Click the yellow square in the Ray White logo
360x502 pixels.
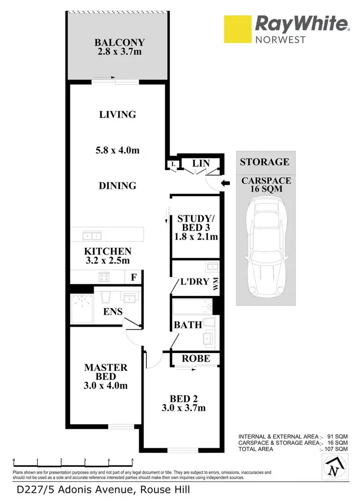click(x=238, y=29)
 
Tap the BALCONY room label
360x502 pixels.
click(x=120, y=42)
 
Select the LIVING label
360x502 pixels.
click(x=118, y=114)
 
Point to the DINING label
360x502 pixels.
click(x=118, y=185)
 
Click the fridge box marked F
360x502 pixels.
click(x=134, y=277)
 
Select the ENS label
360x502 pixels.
click(x=113, y=311)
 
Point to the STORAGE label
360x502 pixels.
click(x=264, y=161)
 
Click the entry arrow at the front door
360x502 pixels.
click(x=225, y=183)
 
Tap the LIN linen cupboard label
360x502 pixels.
click(x=201, y=163)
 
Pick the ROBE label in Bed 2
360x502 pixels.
click(x=196, y=358)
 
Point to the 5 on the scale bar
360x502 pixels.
click(x=132, y=460)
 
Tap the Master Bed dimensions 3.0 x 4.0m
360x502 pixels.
click(x=106, y=385)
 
